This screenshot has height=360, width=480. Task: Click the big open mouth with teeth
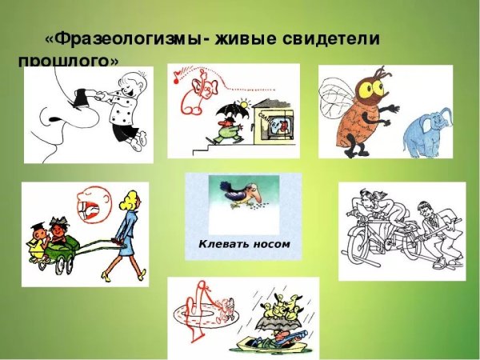pyautogui.click(x=88, y=209)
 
